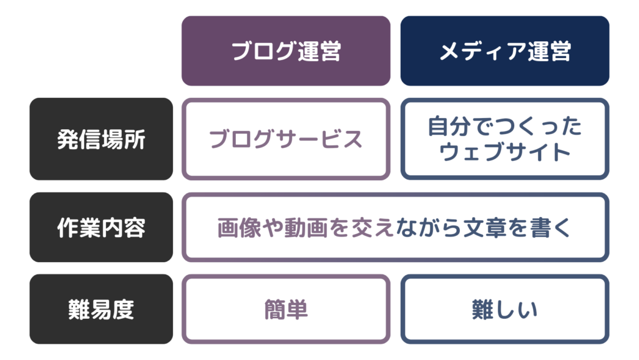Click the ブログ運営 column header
click(286, 51)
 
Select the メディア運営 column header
click(505, 51)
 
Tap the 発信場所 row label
click(101, 139)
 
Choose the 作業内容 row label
click(101, 227)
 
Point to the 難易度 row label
click(101, 309)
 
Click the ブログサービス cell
click(286, 139)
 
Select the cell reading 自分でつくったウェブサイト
click(505, 139)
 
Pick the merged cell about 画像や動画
click(395, 227)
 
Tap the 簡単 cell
click(286, 309)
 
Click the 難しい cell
click(505, 309)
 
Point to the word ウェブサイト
click(504, 152)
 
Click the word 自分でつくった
click(504, 126)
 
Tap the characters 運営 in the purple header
click(319, 51)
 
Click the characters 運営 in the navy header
click(549, 51)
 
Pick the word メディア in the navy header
click(482, 51)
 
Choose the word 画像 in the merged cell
click(238, 227)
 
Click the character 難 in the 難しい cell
click(482, 309)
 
